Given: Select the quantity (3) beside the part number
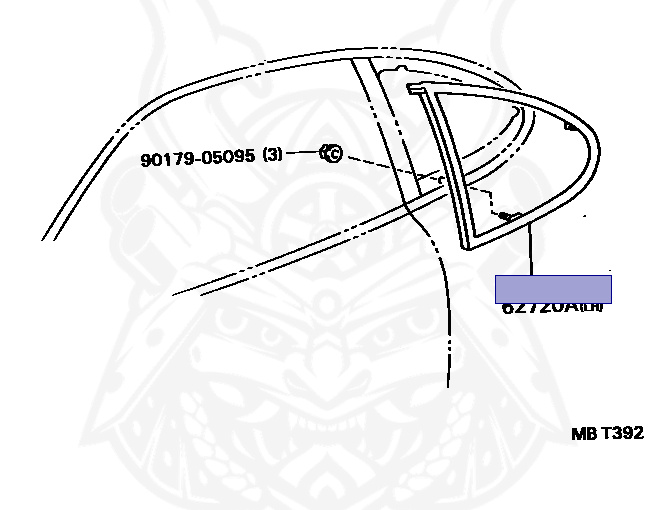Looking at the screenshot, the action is click(273, 155).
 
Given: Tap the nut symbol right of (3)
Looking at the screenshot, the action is click(331, 153).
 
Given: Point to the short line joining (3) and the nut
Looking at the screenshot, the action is click(304, 154).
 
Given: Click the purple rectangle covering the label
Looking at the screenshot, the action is click(553, 289).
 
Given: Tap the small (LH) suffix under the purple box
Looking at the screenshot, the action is click(594, 308).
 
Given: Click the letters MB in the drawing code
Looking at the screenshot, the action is click(583, 433).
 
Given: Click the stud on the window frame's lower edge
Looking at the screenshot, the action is click(506, 214).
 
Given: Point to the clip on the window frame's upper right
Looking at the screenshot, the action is click(571, 127).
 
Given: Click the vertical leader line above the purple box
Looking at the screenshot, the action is click(531, 250).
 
